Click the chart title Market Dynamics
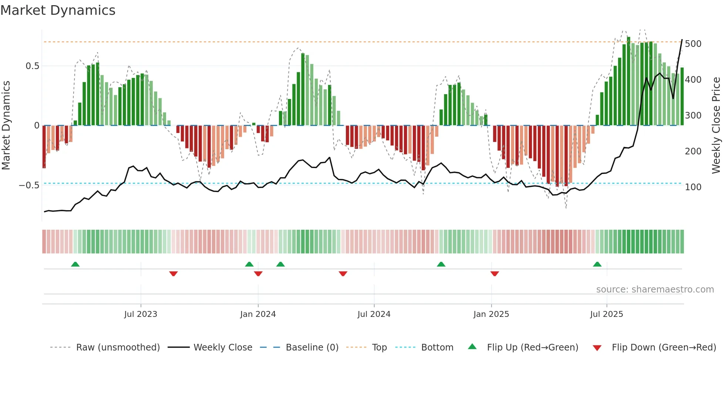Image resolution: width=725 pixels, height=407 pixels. click(58, 10)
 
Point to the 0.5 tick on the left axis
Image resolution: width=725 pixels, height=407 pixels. click(32, 66)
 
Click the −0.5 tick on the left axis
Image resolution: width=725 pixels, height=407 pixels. click(29, 185)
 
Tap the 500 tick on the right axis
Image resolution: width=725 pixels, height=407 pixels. click(693, 44)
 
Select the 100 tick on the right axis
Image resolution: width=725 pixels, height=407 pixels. click(693, 187)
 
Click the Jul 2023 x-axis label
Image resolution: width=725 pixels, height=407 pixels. click(141, 314)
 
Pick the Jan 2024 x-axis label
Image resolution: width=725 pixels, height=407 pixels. click(258, 314)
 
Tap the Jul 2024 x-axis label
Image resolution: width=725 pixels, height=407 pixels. click(374, 314)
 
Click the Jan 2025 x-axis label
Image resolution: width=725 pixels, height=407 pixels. click(491, 314)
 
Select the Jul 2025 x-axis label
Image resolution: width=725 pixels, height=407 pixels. click(606, 314)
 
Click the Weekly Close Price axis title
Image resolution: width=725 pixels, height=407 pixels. click(716, 126)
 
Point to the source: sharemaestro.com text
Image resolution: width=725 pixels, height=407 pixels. click(655, 290)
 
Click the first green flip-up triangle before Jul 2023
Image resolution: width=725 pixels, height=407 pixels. click(75, 264)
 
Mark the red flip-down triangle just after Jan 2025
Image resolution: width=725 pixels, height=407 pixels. click(495, 274)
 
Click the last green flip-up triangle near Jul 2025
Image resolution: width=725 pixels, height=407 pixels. click(597, 264)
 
